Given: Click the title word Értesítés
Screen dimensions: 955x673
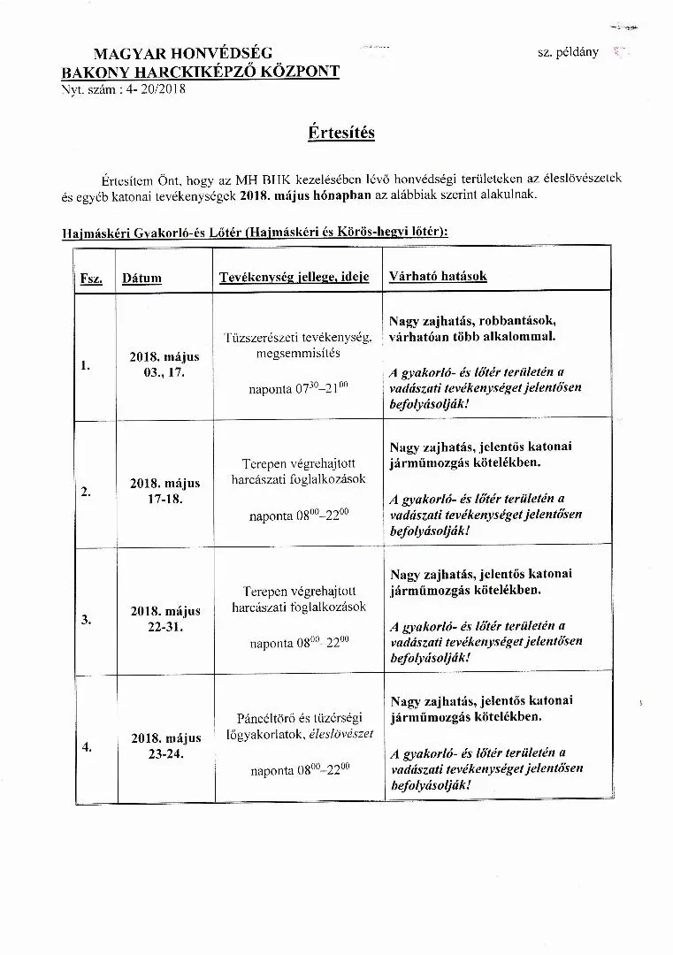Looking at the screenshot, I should point(341,133).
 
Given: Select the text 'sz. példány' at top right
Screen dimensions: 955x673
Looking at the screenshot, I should point(568,52).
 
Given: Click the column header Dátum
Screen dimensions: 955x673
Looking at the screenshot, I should point(142,278).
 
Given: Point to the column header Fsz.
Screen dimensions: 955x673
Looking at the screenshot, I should point(91,279).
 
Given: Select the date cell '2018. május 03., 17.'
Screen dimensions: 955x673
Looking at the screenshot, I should point(164,364).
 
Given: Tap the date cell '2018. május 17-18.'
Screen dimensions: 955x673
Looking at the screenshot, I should point(164,491).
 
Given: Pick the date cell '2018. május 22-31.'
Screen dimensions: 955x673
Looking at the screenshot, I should point(164,618).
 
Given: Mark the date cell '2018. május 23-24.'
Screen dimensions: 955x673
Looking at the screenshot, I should point(164,745).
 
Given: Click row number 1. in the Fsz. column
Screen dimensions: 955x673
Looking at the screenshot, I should point(86,364).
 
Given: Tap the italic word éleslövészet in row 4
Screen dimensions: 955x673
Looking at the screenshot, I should point(341,734).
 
